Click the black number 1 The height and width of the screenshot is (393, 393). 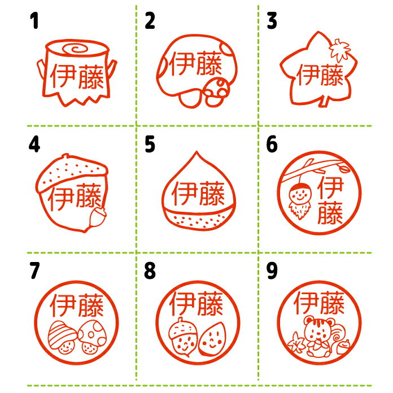point(34,21)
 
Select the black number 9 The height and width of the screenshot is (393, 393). point(272,270)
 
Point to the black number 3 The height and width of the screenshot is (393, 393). point(272,21)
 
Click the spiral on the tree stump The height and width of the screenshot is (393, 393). point(76,49)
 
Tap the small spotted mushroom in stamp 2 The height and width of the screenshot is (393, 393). point(217,91)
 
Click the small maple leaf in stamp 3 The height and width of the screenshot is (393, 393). point(339,50)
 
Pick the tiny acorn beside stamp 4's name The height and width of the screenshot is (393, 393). point(98,217)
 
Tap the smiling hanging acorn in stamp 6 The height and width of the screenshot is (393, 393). point(300,200)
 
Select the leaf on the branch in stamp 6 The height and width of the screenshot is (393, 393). point(344,168)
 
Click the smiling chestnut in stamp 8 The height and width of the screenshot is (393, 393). point(212,339)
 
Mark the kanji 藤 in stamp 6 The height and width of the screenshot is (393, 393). point(330,212)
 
